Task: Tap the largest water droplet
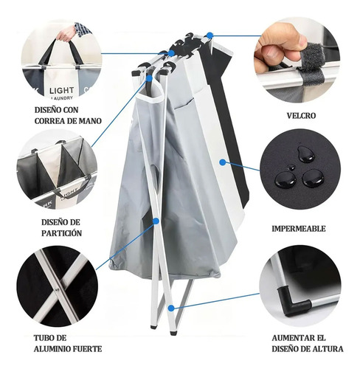pyautogui.click(x=313, y=177)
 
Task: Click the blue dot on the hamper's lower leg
pyautogui.click(x=171, y=306)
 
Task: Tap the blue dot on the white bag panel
pyautogui.click(x=222, y=159)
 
